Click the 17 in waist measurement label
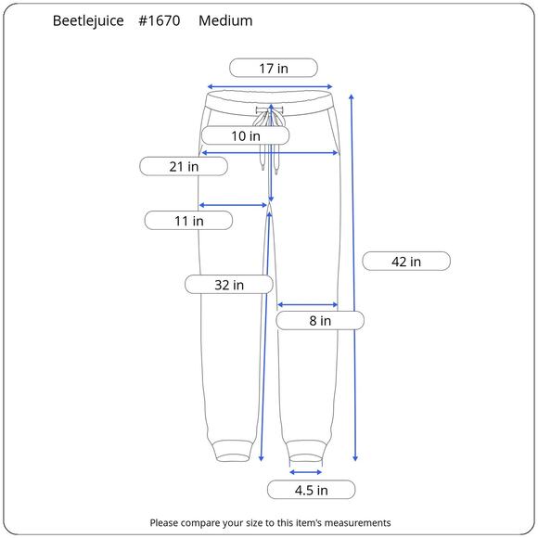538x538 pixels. [x=274, y=68]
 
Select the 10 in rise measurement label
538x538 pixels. [x=245, y=135]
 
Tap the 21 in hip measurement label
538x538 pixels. [x=184, y=166]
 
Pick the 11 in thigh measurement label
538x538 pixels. [x=188, y=221]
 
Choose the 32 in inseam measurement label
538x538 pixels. [x=229, y=285]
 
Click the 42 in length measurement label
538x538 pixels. [x=406, y=261]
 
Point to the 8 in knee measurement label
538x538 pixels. [x=320, y=320]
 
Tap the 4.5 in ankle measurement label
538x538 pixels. [x=311, y=490]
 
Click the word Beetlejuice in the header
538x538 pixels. [x=88, y=20]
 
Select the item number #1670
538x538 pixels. [x=160, y=20]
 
